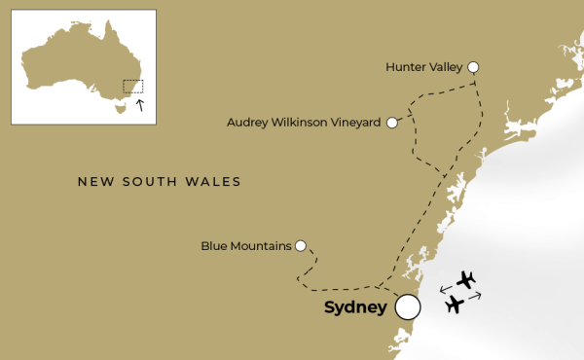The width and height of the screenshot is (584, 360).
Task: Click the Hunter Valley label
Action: click(424, 67)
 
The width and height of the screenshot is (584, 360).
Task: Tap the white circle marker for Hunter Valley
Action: click(473, 66)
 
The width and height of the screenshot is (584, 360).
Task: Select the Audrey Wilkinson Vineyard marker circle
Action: click(392, 123)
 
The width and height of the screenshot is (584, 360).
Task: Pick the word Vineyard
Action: click(356, 123)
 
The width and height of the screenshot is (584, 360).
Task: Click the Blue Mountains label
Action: click(246, 246)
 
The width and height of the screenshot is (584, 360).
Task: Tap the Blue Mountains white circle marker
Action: click(301, 245)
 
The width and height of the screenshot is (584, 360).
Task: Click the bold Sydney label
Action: click(355, 308)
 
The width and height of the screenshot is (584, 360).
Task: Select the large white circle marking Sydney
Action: click(408, 307)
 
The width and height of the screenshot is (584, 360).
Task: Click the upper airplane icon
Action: click(466, 280)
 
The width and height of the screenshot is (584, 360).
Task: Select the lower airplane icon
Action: click(455, 305)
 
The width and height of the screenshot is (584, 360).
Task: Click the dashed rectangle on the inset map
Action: click(132, 87)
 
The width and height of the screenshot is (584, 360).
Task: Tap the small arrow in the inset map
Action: click(140, 103)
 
